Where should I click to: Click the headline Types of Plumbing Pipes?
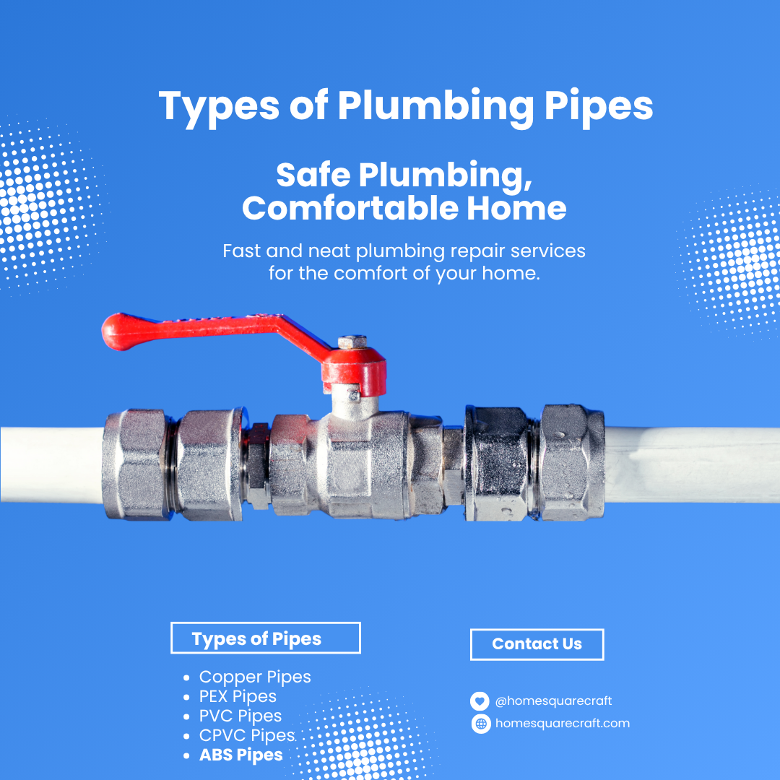click(x=405, y=106)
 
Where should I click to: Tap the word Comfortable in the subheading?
click(x=350, y=208)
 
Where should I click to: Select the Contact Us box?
click(x=537, y=644)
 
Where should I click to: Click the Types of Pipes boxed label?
click(x=265, y=638)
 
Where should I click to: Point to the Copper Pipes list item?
click(x=255, y=677)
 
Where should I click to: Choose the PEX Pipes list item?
click(x=238, y=696)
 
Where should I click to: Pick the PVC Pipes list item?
click(x=240, y=716)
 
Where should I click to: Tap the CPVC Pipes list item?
click(x=247, y=735)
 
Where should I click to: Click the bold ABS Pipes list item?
click(x=240, y=755)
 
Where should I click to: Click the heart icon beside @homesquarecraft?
click(x=480, y=701)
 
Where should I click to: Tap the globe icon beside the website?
click(x=481, y=723)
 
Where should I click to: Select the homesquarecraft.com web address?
click(x=563, y=723)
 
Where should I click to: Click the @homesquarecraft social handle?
click(x=553, y=701)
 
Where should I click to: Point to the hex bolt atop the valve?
click(x=352, y=342)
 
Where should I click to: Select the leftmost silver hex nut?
click(x=135, y=464)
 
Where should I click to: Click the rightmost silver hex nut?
click(x=572, y=463)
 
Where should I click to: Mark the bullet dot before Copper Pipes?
click(x=186, y=677)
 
